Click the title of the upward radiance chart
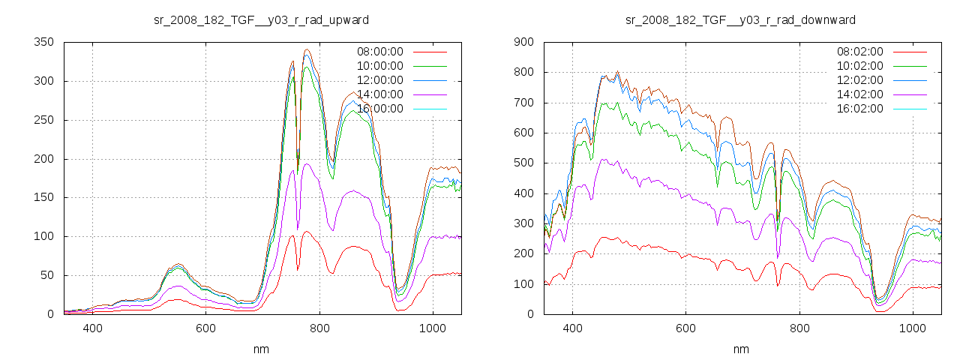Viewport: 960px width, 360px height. [x=261, y=19]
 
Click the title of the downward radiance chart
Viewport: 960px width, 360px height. [x=740, y=19]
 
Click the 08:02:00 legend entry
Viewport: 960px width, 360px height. [x=859, y=52]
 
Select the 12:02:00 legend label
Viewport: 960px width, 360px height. [x=859, y=80]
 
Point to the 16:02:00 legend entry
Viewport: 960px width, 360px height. [x=859, y=109]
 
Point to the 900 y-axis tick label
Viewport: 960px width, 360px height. [x=524, y=42]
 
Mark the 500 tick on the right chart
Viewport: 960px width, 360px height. [x=524, y=163]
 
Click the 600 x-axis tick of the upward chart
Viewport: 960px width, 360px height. [x=206, y=328]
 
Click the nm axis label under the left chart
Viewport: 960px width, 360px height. [x=261, y=349]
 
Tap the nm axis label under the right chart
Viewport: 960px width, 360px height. [x=741, y=349]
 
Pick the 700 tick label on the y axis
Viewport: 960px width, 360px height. [x=524, y=103]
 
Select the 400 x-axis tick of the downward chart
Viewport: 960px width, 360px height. [x=572, y=328]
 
